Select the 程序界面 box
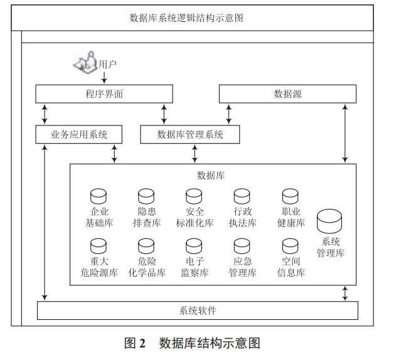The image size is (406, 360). pos(104,94)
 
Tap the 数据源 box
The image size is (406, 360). pos(287,94)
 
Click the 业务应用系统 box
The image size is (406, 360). pos(79,134)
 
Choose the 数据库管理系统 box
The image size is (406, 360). pos(190,134)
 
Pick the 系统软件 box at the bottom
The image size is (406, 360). pos(198,310)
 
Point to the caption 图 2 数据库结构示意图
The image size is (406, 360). pos(192,343)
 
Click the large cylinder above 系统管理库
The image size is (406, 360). pos(330,221)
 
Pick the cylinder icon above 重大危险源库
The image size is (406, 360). pos(99,246)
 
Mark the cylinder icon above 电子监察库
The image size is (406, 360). pos(195,246)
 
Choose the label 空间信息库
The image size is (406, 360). pos(291,267)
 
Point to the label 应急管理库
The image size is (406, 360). pos(242,267)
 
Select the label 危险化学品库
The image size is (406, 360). pos(146,267)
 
